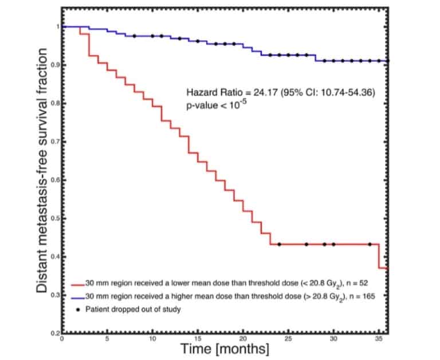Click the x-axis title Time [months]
click(225, 349)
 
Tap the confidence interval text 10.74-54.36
click(343, 92)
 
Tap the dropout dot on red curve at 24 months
click(279, 244)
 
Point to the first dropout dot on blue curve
click(134, 36)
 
